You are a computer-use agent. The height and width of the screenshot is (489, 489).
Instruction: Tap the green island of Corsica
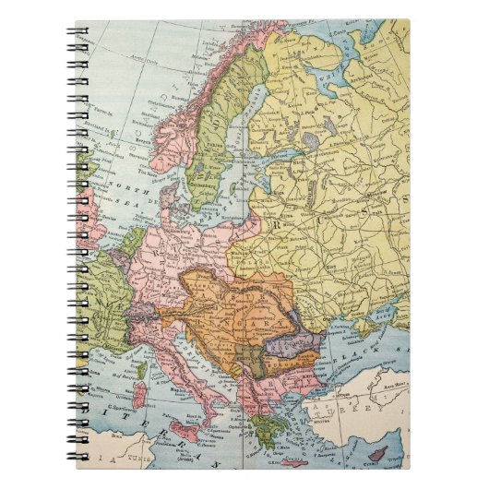click(141, 372)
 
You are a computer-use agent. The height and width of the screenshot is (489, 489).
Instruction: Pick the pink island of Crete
click(295, 461)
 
